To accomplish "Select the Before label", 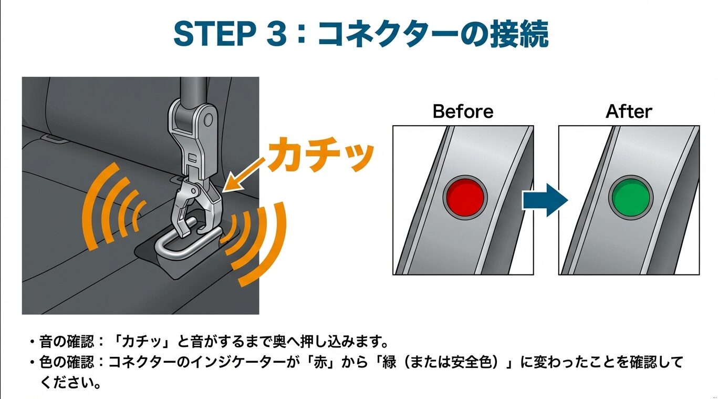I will [463, 111].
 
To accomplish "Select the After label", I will [629, 111].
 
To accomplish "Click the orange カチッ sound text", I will [320, 155].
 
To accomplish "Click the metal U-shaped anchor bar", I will [173, 247].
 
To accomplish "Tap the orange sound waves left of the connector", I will [113, 205].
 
